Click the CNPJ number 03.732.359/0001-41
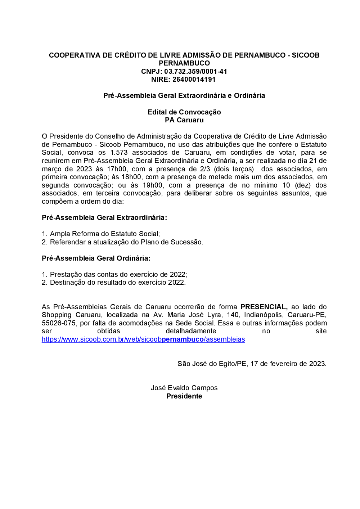[195, 71]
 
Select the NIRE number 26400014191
[194, 79]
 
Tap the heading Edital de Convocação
[184, 112]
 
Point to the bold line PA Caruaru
[184, 120]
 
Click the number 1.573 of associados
[119, 152]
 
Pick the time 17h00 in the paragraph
[116, 169]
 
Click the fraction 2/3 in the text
[205, 169]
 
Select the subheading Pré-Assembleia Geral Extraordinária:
[104, 217]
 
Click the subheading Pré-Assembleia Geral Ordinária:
[96, 258]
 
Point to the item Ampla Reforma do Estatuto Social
[104, 234]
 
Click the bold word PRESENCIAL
[264, 307]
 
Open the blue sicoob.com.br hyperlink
[143, 339]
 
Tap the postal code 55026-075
[59, 323]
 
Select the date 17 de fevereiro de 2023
[288, 364]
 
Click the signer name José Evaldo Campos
[184, 388]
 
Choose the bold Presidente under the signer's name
[184, 396]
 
